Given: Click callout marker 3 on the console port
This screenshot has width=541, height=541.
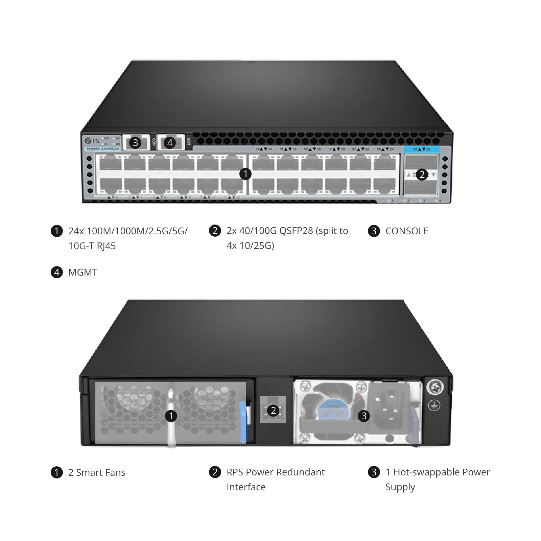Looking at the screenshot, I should pyautogui.click(x=136, y=143).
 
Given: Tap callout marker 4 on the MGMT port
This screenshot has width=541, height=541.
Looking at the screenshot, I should pyautogui.click(x=170, y=143).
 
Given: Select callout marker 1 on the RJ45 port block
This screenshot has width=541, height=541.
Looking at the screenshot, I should pyautogui.click(x=245, y=174).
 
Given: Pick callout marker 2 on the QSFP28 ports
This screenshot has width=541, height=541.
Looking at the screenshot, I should pyautogui.click(x=422, y=175).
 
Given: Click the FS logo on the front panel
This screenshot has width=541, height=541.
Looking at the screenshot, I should pyautogui.click(x=92, y=141).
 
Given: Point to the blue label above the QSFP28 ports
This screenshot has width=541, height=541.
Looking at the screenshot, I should pyautogui.click(x=421, y=149).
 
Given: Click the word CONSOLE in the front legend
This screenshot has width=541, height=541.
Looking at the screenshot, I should pyautogui.click(x=407, y=231).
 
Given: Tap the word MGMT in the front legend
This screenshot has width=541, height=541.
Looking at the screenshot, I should pyautogui.click(x=83, y=273).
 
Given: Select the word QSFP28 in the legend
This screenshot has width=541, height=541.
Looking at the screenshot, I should pyautogui.click(x=296, y=231).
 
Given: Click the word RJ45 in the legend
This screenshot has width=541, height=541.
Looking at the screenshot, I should pyautogui.click(x=106, y=246).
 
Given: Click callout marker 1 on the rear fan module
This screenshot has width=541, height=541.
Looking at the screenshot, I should pyautogui.click(x=171, y=416).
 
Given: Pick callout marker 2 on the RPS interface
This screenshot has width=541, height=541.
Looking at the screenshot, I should pyautogui.click(x=273, y=411).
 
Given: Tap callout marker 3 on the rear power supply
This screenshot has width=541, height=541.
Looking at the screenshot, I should pyautogui.click(x=364, y=416).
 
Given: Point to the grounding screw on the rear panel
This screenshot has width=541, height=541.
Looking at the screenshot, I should pyautogui.click(x=435, y=387).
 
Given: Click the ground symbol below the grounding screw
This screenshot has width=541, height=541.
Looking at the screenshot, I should pyautogui.click(x=434, y=405).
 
